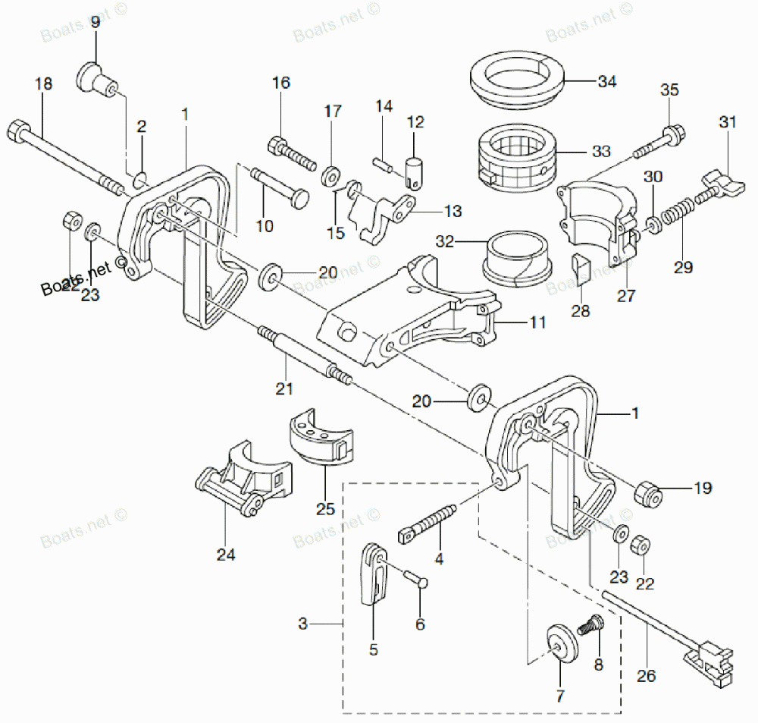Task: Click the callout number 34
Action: click(607, 81)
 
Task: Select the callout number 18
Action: click(44, 83)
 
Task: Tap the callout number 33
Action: click(601, 151)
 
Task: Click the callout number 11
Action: click(537, 322)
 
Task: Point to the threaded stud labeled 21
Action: click(303, 354)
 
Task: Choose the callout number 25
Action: click(325, 509)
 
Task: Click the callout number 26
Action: click(647, 675)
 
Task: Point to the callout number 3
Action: click(302, 624)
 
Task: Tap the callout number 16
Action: click(280, 83)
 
